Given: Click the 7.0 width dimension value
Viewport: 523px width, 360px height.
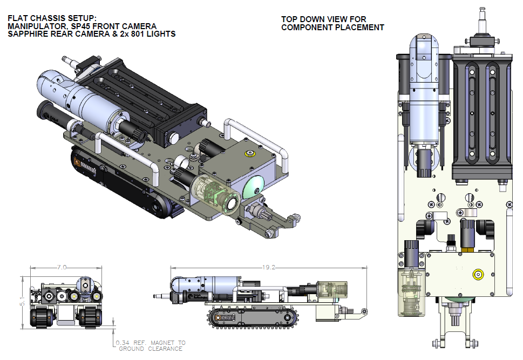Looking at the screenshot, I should (62, 267).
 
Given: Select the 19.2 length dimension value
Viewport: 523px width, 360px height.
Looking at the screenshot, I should (268, 267).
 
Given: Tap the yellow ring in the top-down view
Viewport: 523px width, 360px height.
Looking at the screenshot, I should (478, 274).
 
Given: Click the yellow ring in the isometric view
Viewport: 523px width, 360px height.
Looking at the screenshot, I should (250, 154).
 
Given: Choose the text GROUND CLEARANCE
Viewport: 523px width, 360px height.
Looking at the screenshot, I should (151, 349).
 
